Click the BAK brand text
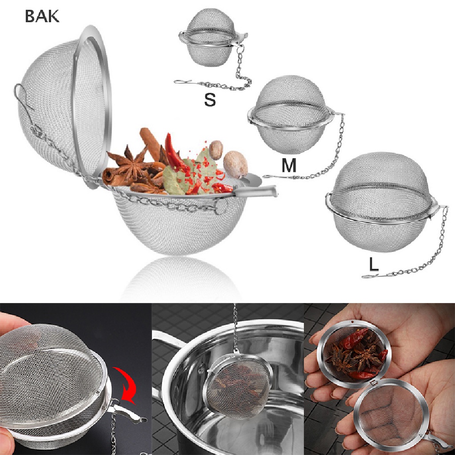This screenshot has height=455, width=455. tap(42, 16)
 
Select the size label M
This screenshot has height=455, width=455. tap(289, 165)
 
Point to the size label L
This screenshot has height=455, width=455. tap(374, 265)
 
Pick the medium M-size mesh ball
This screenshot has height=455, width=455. tap(291, 115)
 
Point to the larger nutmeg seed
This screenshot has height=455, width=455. tap(235, 164)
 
